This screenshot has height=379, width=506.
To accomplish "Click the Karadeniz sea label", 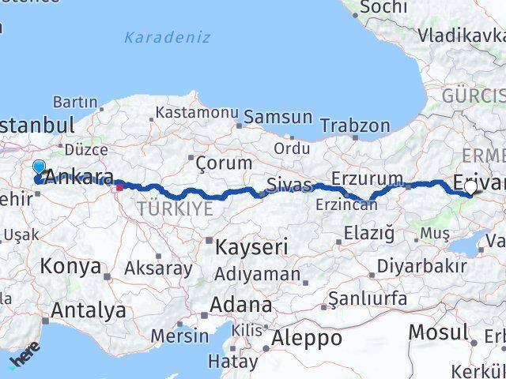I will point(168,37).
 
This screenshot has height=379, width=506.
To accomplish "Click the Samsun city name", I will point(278,117).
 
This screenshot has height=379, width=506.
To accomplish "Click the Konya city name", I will point(70,266).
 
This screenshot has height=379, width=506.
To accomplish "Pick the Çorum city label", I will point(212,162).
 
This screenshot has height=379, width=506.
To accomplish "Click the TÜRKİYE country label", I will point(175,208).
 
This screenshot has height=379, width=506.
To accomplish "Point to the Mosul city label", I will point(437,332).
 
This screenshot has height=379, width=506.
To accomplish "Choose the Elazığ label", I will point(369,233).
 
